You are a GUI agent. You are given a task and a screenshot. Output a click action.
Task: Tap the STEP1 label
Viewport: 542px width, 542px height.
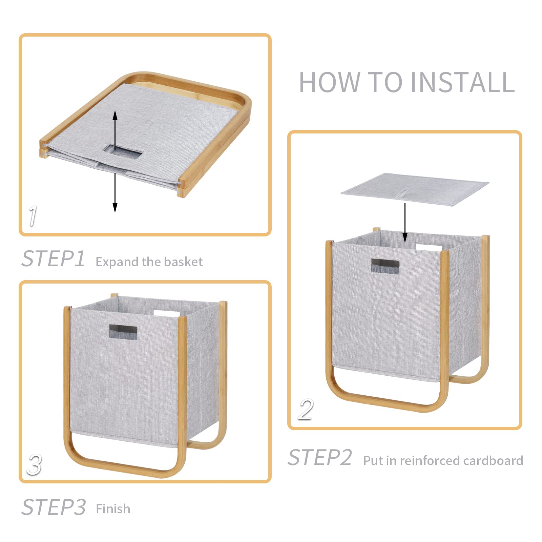(x=53, y=259)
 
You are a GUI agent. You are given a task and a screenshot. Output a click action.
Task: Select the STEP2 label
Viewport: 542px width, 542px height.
(x=320, y=458)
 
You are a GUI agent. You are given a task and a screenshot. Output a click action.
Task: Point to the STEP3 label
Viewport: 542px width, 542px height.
(x=54, y=507)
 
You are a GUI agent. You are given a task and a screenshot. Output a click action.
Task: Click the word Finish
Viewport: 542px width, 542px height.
(x=113, y=509)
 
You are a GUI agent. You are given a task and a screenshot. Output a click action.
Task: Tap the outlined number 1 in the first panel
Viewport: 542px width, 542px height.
(x=33, y=216)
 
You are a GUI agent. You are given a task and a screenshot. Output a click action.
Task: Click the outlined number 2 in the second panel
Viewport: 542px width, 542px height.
(x=306, y=410)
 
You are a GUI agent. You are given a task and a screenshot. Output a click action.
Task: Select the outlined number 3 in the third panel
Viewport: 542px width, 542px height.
(x=35, y=465)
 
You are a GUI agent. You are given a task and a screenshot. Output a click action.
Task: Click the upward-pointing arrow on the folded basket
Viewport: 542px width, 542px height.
(x=115, y=130)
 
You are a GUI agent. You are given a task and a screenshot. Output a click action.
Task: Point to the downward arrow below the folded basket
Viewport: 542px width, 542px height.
(x=115, y=193)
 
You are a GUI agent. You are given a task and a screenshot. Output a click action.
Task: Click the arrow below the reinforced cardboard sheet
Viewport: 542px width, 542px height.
(x=405, y=223)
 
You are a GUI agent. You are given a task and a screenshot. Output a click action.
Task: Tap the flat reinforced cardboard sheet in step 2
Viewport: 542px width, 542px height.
(x=415, y=189)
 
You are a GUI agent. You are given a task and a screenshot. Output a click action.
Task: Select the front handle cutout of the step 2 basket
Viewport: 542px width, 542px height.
(x=385, y=266)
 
